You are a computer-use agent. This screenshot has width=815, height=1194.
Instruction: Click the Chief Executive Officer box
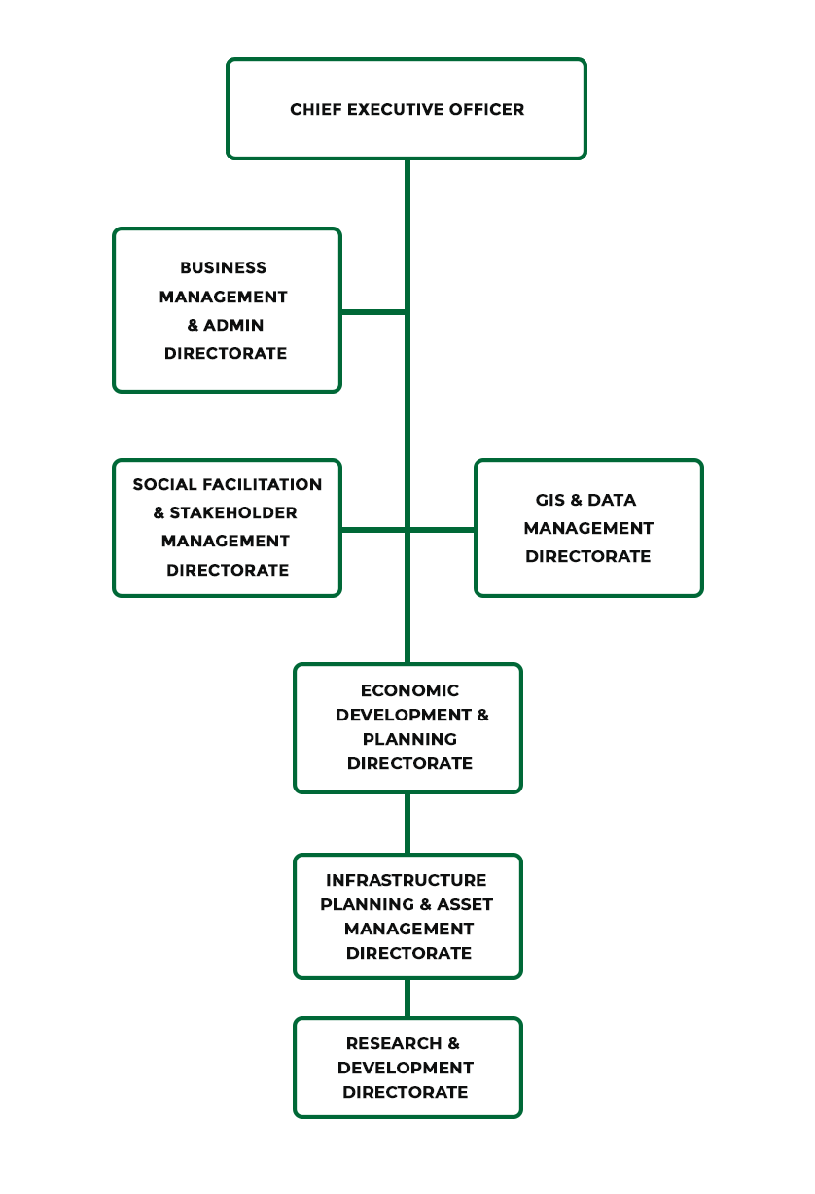407,109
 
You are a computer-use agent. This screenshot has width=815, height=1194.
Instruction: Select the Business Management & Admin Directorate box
227,310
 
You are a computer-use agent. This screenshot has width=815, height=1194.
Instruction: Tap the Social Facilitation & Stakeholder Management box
227,527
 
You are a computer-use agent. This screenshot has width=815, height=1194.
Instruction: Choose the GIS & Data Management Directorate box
588,528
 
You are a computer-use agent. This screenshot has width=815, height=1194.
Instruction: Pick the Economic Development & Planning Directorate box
407,727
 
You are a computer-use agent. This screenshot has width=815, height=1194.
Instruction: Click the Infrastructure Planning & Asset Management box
407,916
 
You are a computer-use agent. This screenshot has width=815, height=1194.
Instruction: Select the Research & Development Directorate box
407,1068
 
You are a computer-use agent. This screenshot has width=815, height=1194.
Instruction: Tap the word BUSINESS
223,267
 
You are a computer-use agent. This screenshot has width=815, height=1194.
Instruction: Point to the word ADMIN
233,325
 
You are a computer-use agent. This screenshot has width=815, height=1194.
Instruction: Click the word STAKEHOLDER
233,512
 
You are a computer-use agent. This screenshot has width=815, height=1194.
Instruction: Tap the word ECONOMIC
409,690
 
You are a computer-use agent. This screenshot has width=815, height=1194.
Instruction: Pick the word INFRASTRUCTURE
407,880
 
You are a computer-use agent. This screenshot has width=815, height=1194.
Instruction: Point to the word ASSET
466,904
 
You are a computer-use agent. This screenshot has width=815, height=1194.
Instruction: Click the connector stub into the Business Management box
373,311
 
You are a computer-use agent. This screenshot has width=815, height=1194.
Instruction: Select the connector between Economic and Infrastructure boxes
407,823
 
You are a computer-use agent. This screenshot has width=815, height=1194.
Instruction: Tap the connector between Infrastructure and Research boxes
407,998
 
